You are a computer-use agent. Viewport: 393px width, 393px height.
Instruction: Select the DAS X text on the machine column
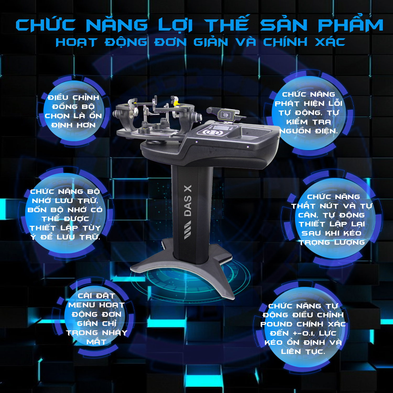tap(188, 200)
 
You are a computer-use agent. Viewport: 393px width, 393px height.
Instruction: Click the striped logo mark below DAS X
tap(188, 230)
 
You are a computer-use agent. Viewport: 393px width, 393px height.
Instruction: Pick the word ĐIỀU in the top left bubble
tap(58, 97)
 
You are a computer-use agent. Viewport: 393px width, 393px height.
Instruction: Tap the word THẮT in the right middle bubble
tap(303, 206)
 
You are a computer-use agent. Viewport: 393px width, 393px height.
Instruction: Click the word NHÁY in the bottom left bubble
tap(115, 332)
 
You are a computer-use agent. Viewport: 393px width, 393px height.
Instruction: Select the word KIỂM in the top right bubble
tap(297, 122)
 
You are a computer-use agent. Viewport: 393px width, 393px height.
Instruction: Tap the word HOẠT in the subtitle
tap(77, 42)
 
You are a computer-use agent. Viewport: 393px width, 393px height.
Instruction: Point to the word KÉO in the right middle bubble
tap(352, 233)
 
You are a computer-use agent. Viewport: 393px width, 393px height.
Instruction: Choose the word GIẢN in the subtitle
tap(211, 42)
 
